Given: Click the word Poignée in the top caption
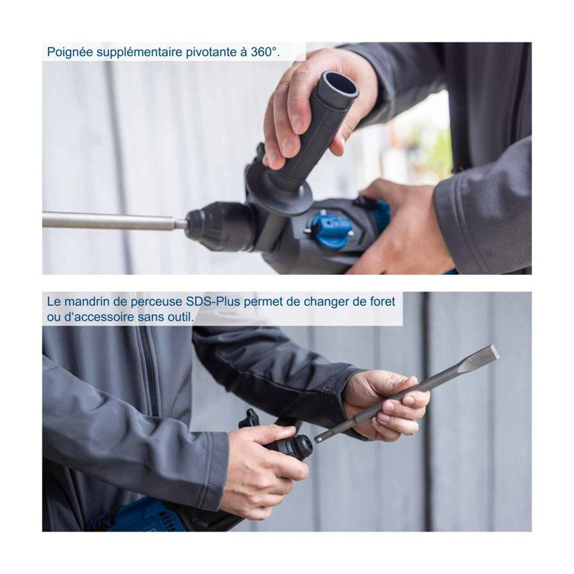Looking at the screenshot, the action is click(70, 52).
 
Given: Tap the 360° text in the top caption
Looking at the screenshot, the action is click(265, 52).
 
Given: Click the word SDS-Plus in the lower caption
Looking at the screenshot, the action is click(213, 301).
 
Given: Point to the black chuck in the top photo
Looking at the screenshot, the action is click(220, 226).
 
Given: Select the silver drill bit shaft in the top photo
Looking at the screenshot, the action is click(114, 221).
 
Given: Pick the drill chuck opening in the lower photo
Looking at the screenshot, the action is click(303, 446).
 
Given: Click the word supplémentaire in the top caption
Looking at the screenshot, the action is click(139, 52).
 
